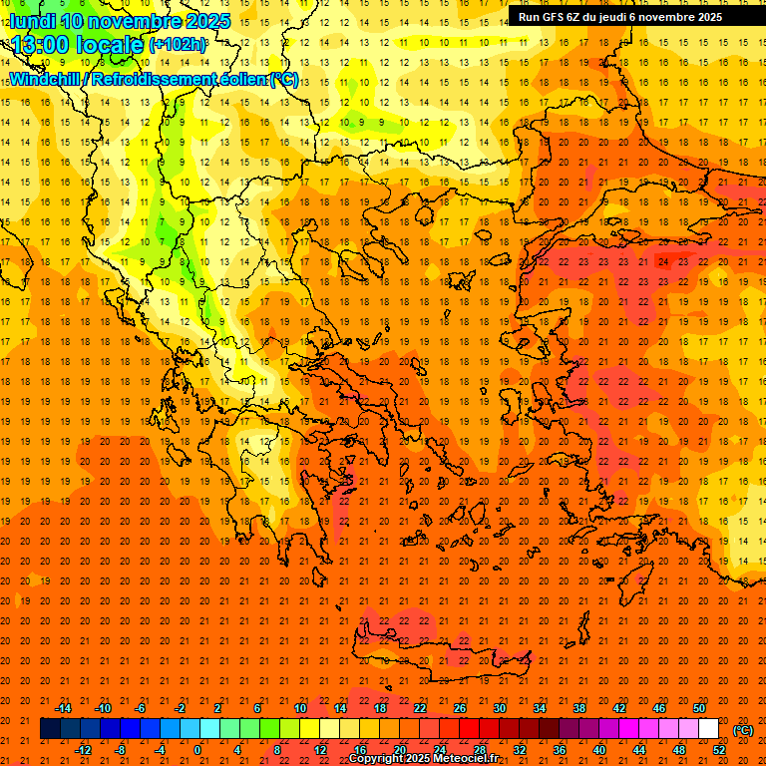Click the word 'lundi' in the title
tap(31, 21)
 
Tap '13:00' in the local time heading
tap(37, 44)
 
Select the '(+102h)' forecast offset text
tap(178, 45)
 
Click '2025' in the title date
tap(206, 21)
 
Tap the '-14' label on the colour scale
tap(63, 708)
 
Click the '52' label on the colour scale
tap(719, 750)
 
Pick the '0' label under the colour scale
tap(197, 750)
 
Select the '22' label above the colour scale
tap(420, 708)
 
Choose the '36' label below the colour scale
tap(559, 750)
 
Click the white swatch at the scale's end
tap(708, 729)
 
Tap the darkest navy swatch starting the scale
tap(50, 729)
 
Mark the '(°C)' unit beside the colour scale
tap(743, 730)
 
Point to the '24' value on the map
tap(664, 261)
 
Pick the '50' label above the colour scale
tap(699, 708)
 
